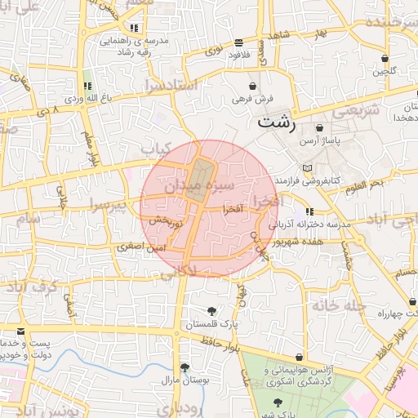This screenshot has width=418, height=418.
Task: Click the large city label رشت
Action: tap(276, 123)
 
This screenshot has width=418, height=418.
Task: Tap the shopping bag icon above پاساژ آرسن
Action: tap(318, 128)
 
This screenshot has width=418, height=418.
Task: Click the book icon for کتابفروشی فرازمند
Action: tap(307, 168)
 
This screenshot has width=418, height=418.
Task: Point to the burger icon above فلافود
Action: tap(238, 42)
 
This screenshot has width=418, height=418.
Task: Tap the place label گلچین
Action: tap(385, 71)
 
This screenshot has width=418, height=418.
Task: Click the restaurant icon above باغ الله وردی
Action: tap(87, 86)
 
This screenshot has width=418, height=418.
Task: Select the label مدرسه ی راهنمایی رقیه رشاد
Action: tap(134, 45)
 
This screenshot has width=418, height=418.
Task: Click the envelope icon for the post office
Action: tap(20, 331)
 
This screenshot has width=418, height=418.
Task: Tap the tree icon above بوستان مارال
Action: tap(185, 367)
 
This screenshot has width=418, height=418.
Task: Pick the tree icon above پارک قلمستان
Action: tap(212, 310)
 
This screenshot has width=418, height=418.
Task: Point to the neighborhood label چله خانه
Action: tap(335, 305)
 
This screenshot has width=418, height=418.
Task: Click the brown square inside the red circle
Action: tap(200, 173)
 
